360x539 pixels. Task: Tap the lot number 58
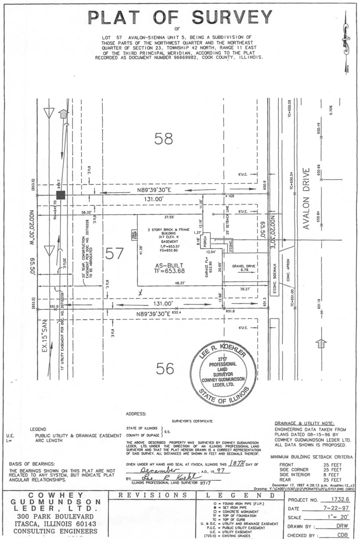click(163, 138)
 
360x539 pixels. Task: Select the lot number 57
click(115, 254)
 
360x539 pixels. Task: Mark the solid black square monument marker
click(60, 195)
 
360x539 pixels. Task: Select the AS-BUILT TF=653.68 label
click(171, 267)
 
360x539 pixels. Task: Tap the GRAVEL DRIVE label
click(243, 267)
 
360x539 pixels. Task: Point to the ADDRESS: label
click(136, 414)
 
